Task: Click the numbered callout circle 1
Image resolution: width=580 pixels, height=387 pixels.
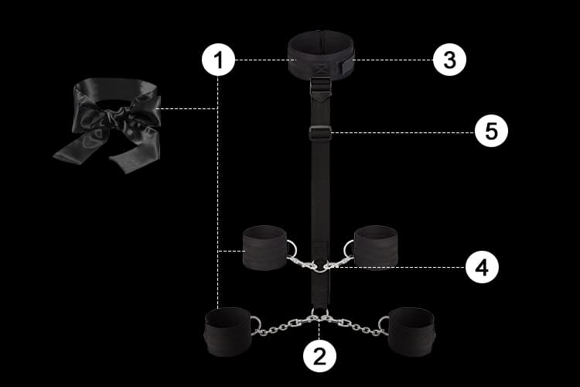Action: coord(218,60)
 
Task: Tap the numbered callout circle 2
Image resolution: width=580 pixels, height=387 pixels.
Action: coord(319,356)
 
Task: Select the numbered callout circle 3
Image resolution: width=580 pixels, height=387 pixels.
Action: coord(449,60)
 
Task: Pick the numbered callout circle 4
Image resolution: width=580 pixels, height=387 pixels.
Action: coord(482,266)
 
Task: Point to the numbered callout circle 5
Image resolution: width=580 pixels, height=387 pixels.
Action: coord(491,131)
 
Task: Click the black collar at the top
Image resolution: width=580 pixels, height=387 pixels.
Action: coord(321,53)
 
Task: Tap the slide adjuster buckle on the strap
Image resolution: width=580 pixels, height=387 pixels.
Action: coord(320,132)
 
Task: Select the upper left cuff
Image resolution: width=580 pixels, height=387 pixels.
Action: coord(264,248)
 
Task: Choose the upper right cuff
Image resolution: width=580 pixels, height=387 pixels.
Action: coord(376,248)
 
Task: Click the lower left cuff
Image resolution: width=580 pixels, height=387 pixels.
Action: coord(228,332)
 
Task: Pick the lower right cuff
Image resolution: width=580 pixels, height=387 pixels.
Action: coord(411,332)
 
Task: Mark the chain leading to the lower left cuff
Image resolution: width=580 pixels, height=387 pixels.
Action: coord(284,326)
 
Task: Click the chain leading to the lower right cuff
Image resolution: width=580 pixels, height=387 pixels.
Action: coord(354,326)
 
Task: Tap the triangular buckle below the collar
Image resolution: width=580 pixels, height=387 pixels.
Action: coord(320,87)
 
